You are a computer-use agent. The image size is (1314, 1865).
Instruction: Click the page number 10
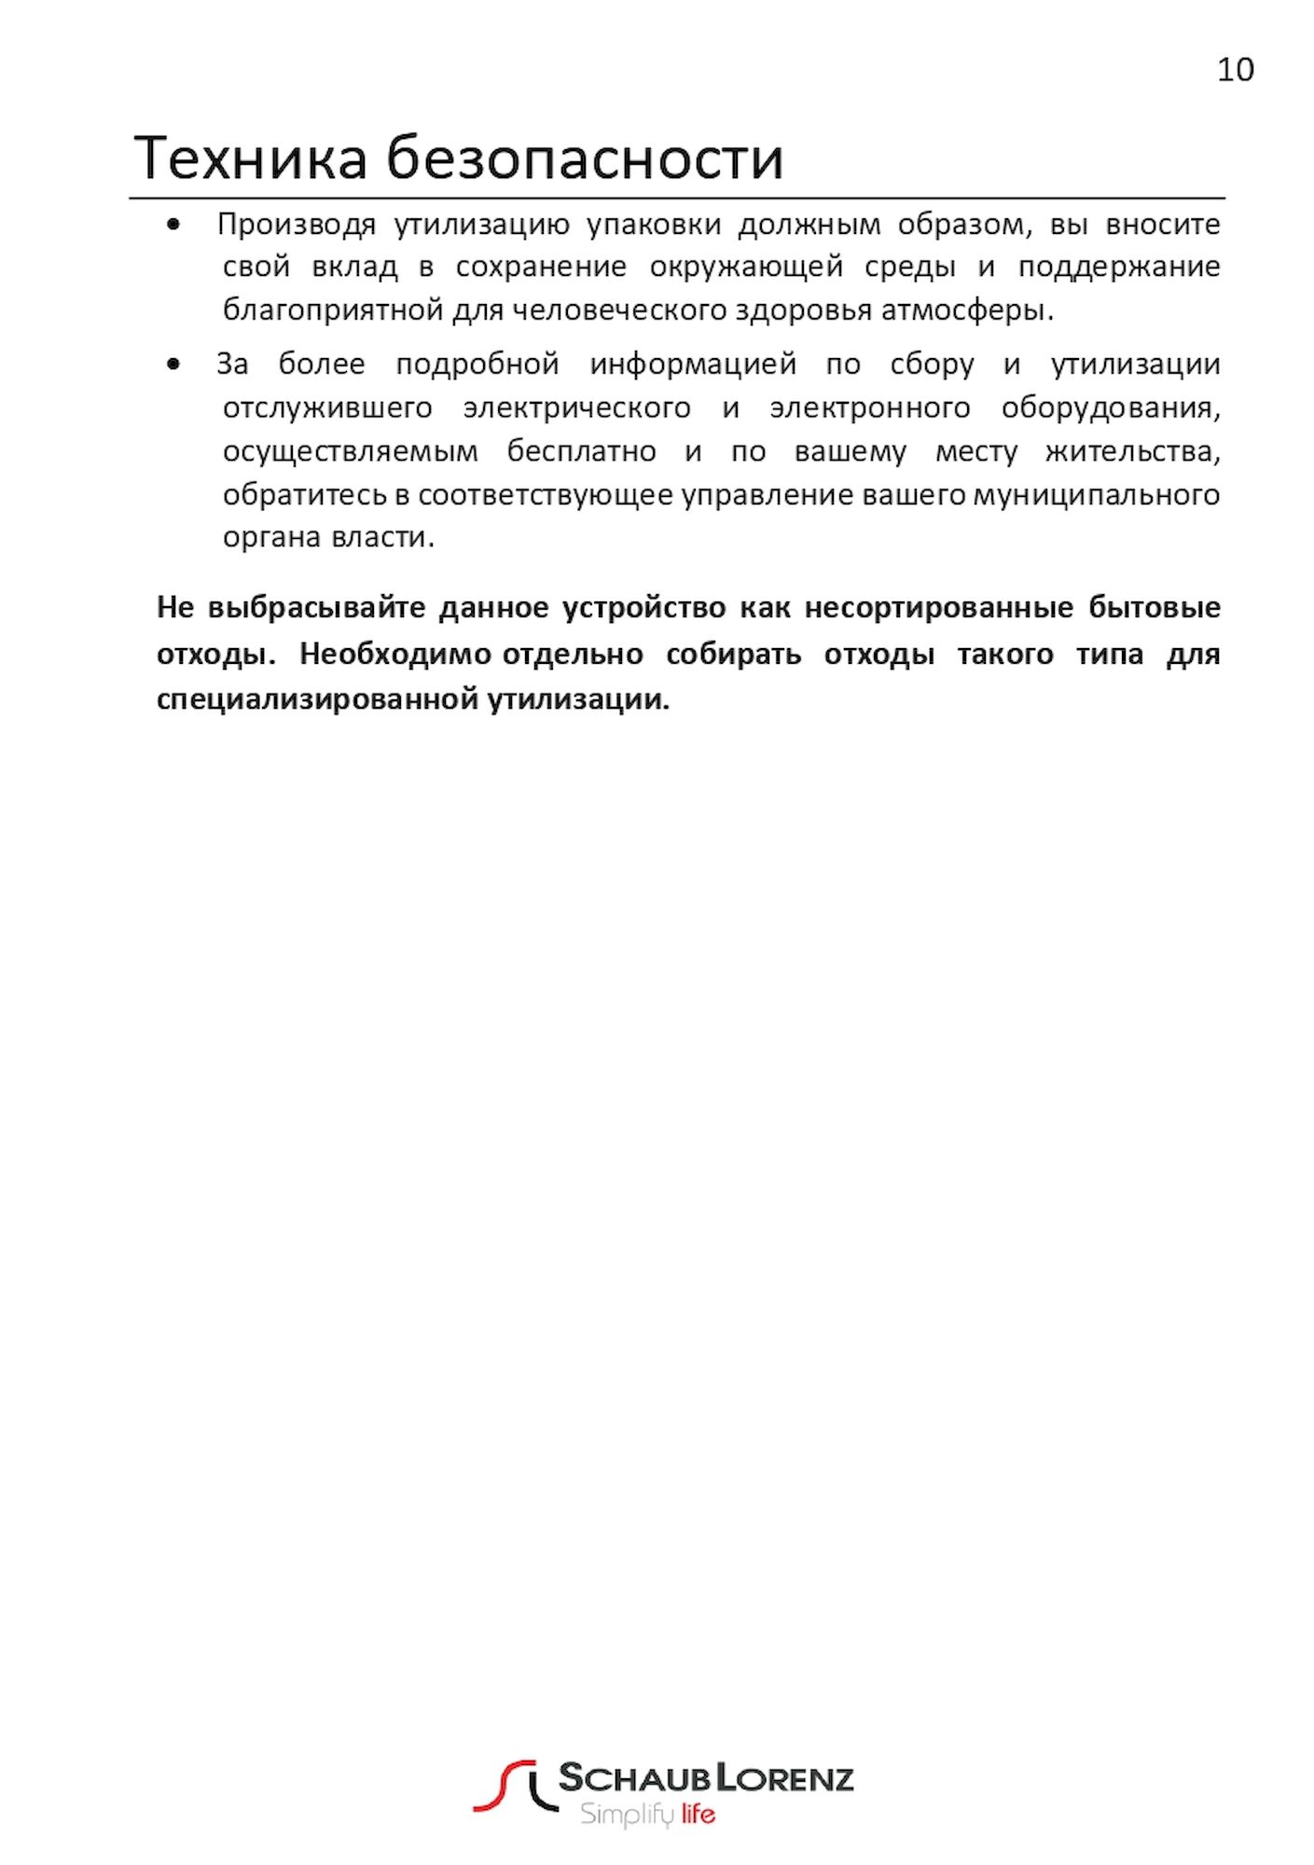coord(1235,70)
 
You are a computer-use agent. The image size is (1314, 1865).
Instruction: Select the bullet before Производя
coord(173,225)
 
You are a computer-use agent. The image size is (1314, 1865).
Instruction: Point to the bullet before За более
coord(173,364)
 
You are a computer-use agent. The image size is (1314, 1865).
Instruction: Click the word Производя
coord(297,225)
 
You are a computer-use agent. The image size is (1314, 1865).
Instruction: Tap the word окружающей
coord(746,268)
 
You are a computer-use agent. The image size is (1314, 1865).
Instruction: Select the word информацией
coord(693,364)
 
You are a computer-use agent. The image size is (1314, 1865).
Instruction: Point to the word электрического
coord(576,408)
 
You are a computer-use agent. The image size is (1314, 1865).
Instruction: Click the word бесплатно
coord(581,451)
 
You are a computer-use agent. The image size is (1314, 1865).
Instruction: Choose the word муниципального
coord(1096,494)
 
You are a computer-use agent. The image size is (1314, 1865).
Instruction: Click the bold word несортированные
coord(938,608)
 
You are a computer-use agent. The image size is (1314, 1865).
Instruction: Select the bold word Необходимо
coord(395,654)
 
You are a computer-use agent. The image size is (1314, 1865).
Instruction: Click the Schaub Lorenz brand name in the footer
coord(706,1778)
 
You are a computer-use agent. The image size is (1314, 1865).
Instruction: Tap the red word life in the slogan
coord(698,1815)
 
